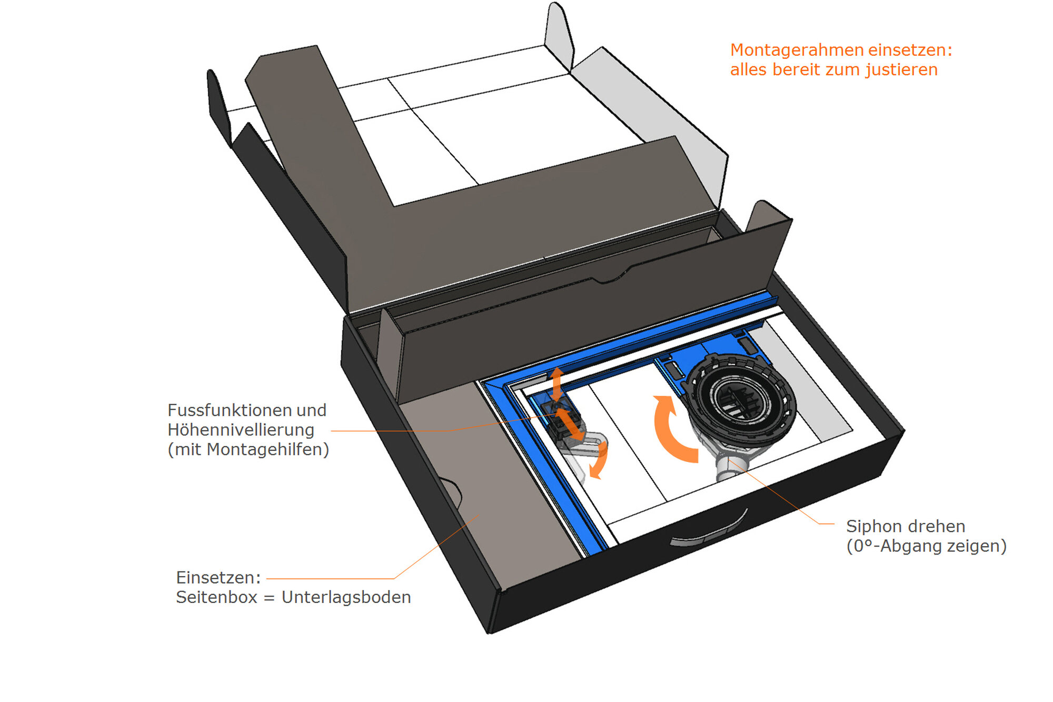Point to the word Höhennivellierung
(x=241, y=430)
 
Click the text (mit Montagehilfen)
(x=248, y=449)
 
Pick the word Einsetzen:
(x=218, y=578)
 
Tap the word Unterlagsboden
(x=346, y=597)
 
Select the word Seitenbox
(x=216, y=597)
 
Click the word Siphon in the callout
(x=871, y=526)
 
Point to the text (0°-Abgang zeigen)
(x=926, y=546)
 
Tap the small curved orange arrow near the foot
(x=599, y=461)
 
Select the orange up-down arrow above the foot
(x=557, y=383)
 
